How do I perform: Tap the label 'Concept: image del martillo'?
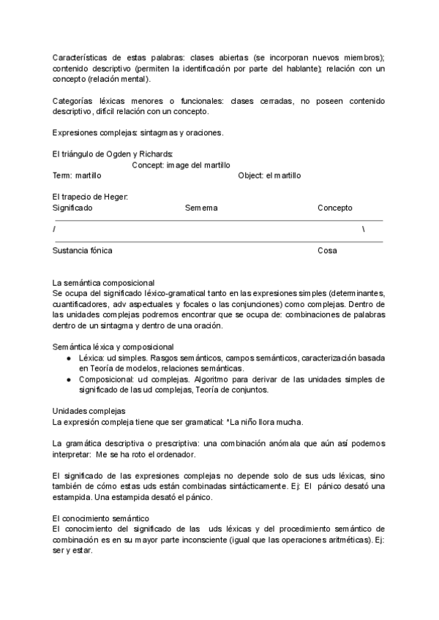pos(181,165)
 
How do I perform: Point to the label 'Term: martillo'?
pos(78,175)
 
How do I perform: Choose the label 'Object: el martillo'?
pos(269,175)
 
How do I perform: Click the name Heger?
pos(115,197)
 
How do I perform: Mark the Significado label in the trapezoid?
pos(73,208)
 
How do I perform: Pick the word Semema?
pos(201,208)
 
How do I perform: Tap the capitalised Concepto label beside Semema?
pos(335,208)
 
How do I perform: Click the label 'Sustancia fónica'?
pos(83,251)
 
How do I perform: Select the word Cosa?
pos(327,251)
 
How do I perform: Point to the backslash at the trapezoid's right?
pos(364,230)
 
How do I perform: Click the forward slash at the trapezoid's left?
pos(54,230)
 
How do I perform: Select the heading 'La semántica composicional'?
pos(103,282)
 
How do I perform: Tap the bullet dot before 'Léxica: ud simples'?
pos(69,358)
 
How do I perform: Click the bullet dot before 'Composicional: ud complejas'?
pos(69,379)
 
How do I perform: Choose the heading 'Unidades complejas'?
pos(89,411)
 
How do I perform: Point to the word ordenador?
pos(175,455)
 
